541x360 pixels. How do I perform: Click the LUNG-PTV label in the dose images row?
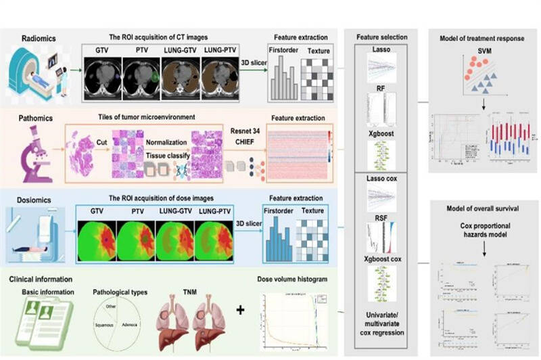click(x=213, y=210)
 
